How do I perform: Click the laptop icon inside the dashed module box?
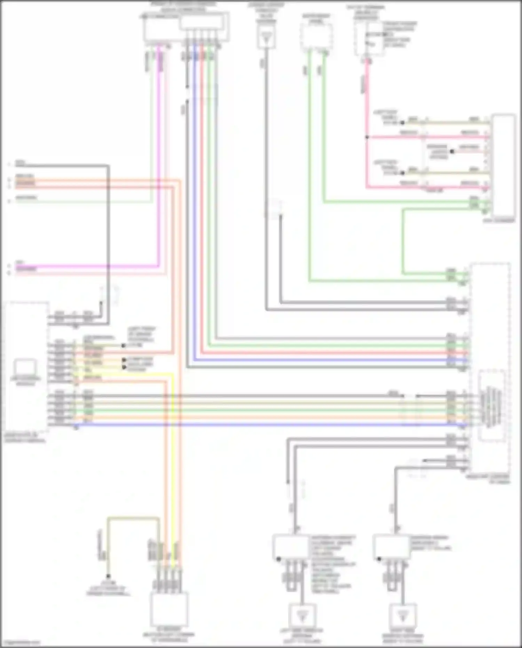25,368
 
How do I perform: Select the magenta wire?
159,157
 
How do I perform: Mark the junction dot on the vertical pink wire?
367,137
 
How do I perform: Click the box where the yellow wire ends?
169,609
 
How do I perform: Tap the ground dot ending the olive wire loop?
108,577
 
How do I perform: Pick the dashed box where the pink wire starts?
369,38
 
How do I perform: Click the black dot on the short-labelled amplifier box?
379,559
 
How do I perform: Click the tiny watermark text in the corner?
20,643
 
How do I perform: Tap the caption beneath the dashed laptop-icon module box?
25,438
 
